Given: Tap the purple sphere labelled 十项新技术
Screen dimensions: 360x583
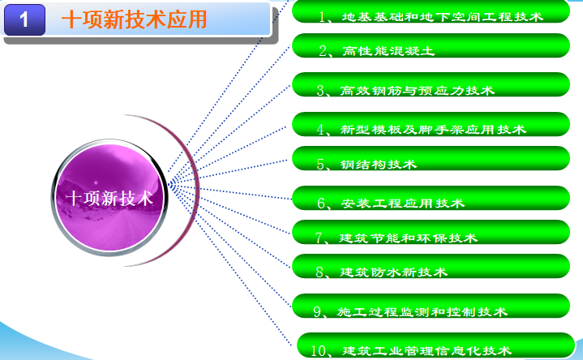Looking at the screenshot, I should pos(109,197).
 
